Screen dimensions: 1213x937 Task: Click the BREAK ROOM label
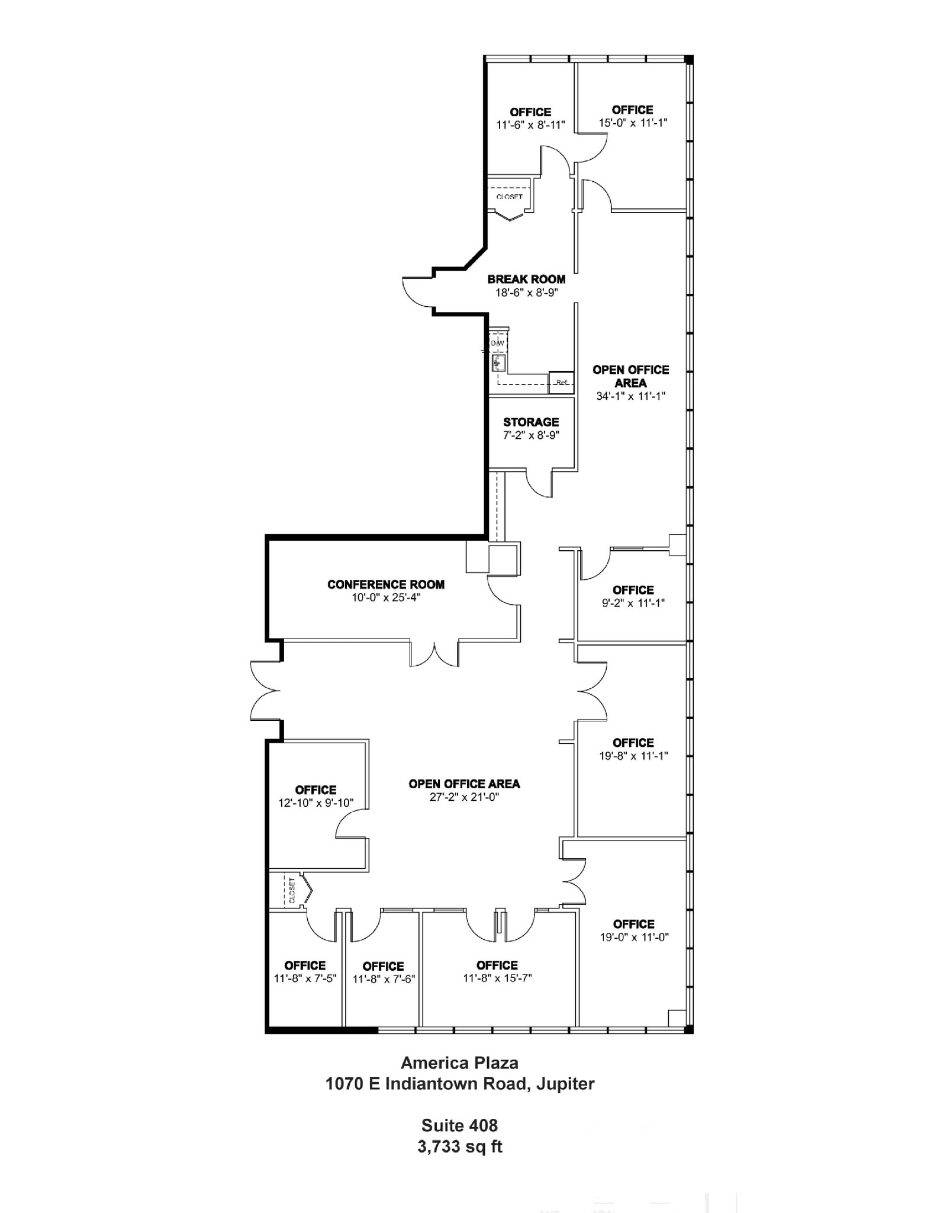coord(526,279)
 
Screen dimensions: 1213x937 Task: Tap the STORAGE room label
coord(531,422)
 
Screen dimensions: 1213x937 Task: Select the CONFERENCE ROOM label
coord(386,585)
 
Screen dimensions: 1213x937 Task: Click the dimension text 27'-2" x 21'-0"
coord(464,797)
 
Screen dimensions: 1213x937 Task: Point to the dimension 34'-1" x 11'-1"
coord(630,396)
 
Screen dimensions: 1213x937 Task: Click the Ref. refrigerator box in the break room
coord(561,383)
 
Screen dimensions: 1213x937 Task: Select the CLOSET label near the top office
coord(509,197)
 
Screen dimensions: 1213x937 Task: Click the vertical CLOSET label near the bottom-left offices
coord(292,890)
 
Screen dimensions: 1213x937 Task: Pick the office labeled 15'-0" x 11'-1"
coord(632,117)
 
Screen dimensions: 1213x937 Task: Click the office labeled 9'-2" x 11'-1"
coord(633,596)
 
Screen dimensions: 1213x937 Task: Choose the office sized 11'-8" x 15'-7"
coord(497,971)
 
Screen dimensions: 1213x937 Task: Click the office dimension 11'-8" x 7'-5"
coord(305,978)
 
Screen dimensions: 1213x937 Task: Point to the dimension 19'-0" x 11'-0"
coord(633,937)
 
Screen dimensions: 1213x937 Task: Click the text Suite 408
coord(459,1125)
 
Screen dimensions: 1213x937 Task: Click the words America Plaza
coord(459,1063)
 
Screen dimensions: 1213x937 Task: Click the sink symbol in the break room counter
coord(498,362)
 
